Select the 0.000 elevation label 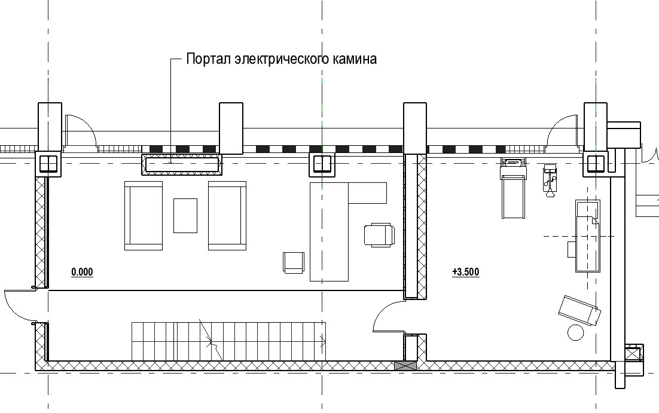click(x=82, y=273)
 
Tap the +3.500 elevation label click(x=466, y=273)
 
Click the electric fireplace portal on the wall click(x=181, y=163)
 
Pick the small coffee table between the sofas click(x=185, y=216)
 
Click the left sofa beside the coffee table click(x=144, y=216)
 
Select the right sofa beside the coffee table click(x=227, y=216)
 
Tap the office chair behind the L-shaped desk click(x=380, y=235)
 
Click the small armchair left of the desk click(x=294, y=263)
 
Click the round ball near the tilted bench click(x=576, y=332)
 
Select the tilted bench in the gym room click(x=579, y=310)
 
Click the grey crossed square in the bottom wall click(x=405, y=366)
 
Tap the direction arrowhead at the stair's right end click(x=324, y=341)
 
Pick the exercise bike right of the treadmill click(x=550, y=181)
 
